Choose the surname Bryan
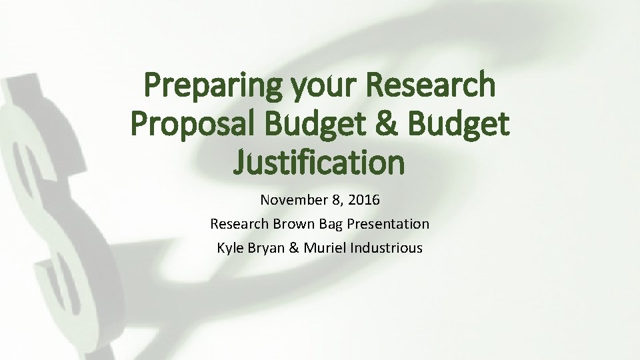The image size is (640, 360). coord(267,248)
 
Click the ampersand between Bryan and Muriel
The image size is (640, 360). coord(295,248)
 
